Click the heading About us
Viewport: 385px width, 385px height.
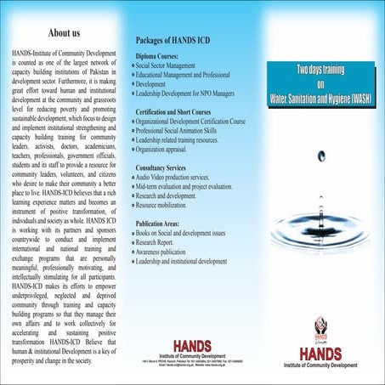click(65, 33)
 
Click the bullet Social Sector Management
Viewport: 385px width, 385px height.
click(174, 65)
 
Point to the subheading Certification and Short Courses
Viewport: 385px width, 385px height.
click(185, 111)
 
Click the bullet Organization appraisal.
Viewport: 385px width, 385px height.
click(170, 150)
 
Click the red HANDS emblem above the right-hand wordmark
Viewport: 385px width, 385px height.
click(322, 326)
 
